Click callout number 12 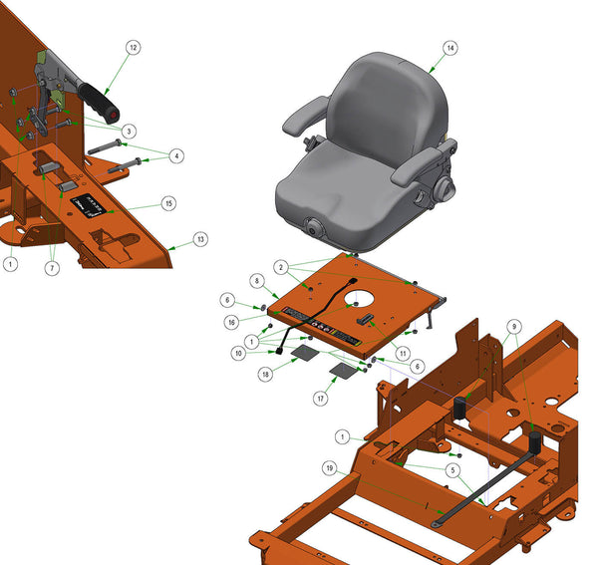point(133,47)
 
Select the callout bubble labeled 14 point(449,48)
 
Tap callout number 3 point(130,131)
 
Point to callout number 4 point(176,155)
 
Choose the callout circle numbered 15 point(168,203)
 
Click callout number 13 point(200,239)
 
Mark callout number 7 point(53,267)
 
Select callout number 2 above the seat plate point(283,267)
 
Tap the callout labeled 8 point(256,282)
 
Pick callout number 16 point(230,322)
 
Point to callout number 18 point(265,373)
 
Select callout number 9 point(513,325)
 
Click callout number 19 point(330,466)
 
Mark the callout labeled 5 point(452,470)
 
